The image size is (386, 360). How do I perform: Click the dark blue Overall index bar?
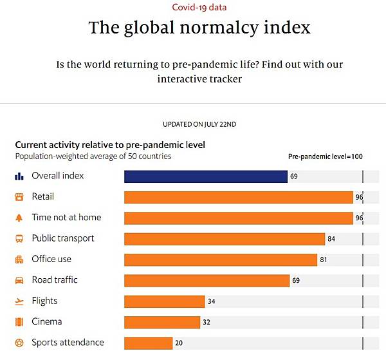point(205,176)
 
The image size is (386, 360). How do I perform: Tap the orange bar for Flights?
point(164,301)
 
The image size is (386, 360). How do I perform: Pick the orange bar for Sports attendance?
point(148,343)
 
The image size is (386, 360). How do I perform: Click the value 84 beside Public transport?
point(331,239)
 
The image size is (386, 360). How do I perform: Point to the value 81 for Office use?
point(324,260)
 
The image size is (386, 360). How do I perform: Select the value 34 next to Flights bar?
point(212,301)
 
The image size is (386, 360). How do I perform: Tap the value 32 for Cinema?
point(207,322)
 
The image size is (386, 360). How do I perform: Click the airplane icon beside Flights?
point(19,301)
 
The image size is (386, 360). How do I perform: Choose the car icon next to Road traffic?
point(19,280)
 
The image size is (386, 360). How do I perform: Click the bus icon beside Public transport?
point(19,239)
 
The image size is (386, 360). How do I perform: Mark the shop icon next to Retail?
point(19,197)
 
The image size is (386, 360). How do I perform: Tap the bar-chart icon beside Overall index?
point(19,176)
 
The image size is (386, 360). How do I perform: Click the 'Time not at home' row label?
point(66,218)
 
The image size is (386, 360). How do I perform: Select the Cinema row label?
point(48,321)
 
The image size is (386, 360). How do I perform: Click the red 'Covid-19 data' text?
point(199,8)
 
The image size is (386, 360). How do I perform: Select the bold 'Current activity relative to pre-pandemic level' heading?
point(109,145)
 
